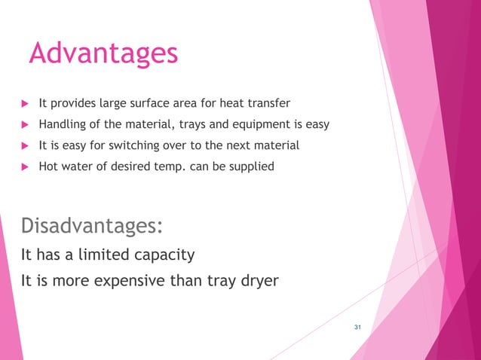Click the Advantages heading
click(x=103, y=53)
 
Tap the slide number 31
click(x=357, y=326)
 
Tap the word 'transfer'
click(x=268, y=103)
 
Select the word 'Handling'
click(x=63, y=124)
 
